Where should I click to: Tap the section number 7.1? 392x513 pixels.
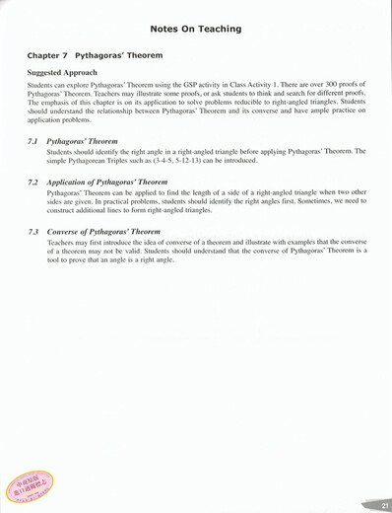pos(33,142)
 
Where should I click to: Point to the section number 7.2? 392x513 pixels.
pos(33,183)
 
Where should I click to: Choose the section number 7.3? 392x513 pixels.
pos(33,232)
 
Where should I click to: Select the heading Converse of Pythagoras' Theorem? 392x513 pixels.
pos(103,232)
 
